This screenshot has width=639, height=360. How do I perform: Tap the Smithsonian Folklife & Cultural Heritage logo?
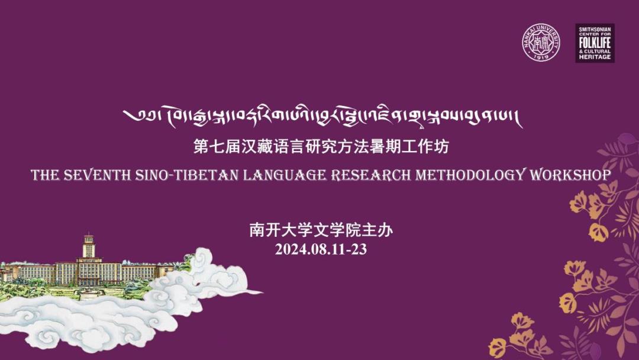[x=595, y=43]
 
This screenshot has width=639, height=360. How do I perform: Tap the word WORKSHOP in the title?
[x=570, y=175]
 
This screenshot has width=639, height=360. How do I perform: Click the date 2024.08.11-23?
[x=321, y=249]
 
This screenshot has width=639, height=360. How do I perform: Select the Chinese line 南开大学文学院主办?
[x=321, y=230]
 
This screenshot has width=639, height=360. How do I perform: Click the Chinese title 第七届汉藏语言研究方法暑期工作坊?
[x=321, y=146]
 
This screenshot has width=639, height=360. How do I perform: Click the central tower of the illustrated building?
[x=89, y=247]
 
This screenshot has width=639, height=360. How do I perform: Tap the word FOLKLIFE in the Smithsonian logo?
[x=594, y=44]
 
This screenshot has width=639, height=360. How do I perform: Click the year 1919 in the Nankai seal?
[x=540, y=57]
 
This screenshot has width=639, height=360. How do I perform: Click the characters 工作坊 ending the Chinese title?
[x=430, y=146]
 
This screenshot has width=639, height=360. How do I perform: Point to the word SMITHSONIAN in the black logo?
[x=594, y=28]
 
